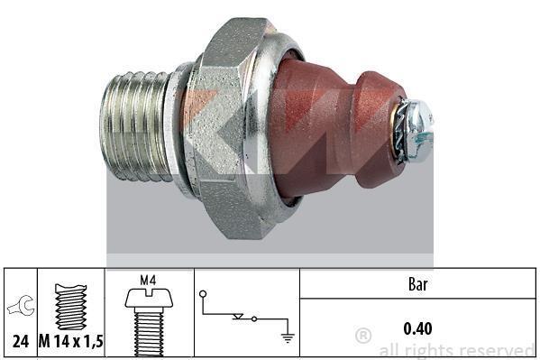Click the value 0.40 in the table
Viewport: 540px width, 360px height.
pos(417,328)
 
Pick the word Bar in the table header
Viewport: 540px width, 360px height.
pos(417,284)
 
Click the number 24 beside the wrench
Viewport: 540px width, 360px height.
pos(21,341)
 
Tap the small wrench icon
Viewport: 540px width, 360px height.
pos(21,306)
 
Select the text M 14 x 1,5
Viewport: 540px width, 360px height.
pos(70,341)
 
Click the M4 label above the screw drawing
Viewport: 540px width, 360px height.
pos(148,281)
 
